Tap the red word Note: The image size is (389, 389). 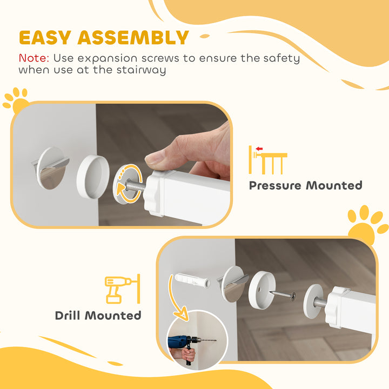coord(35,58)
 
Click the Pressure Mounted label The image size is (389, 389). coord(305,185)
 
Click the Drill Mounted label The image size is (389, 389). coord(98,315)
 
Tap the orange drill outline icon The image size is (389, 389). coord(120,289)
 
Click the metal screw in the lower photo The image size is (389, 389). coord(283,295)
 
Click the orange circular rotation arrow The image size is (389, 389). coord(128,187)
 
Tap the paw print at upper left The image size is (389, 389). coord(16,100)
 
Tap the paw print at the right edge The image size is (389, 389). coord(367,224)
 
